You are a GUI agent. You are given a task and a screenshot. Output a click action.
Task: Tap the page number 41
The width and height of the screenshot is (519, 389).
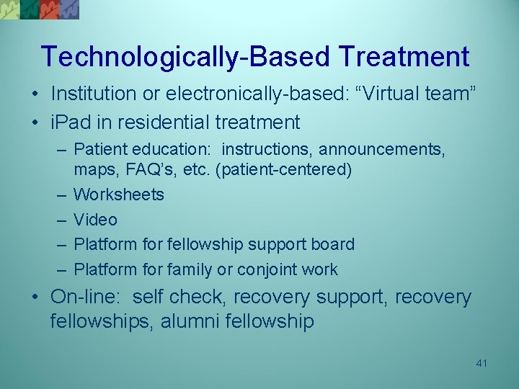point(482,363)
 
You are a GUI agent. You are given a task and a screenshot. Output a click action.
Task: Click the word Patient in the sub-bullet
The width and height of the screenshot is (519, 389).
point(99,149)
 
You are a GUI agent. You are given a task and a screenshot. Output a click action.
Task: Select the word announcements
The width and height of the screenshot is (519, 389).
point(382,149)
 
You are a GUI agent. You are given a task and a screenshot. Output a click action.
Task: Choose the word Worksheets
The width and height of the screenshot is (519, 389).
point(119,194)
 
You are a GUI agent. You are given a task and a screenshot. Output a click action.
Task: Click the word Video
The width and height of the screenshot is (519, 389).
point(95,220)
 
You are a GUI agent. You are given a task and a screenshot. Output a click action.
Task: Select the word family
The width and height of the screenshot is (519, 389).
point(193,269)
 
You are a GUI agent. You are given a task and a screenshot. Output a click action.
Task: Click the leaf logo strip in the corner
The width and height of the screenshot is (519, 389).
point(40,9)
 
